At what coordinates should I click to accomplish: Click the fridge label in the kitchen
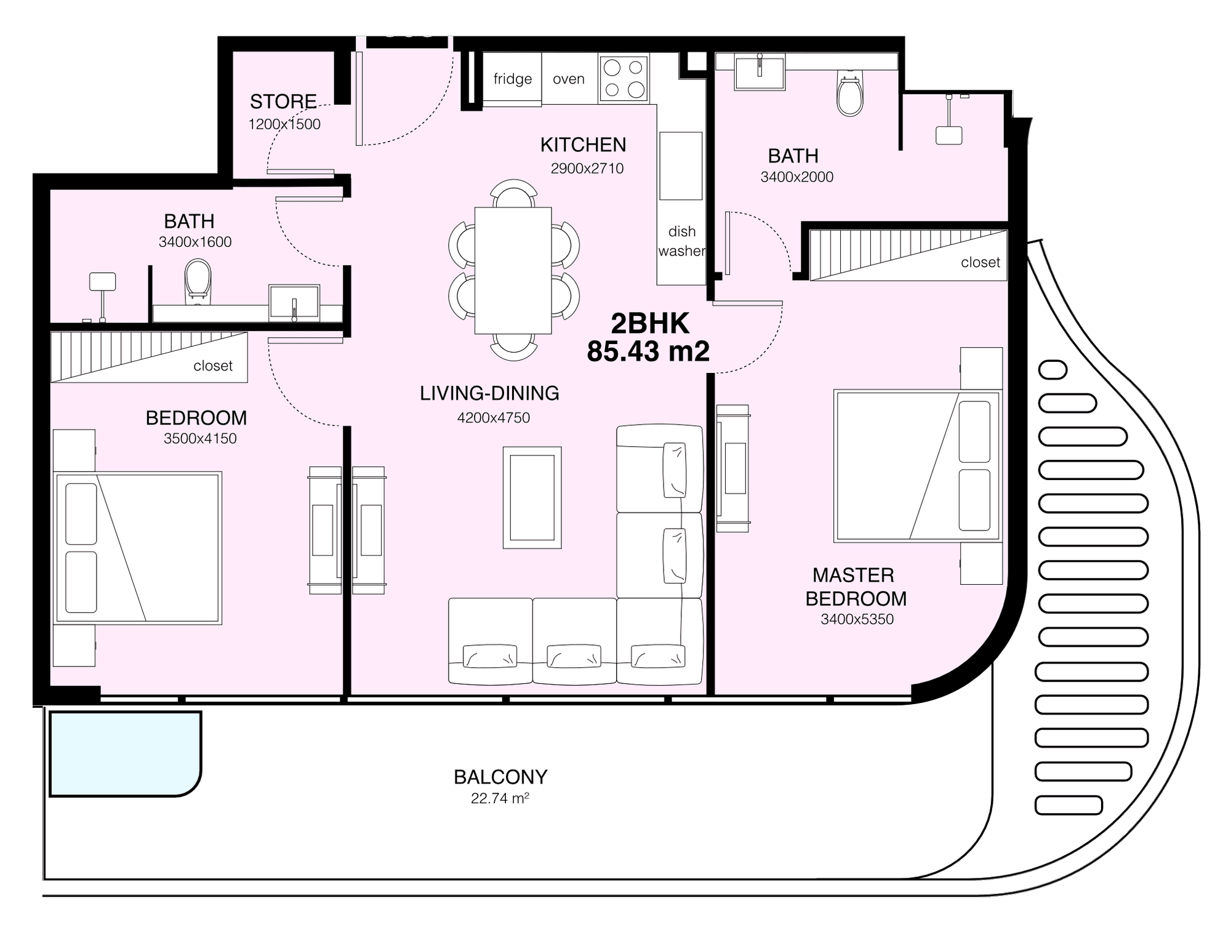point(512,79)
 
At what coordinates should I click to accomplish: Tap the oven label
point(568,79)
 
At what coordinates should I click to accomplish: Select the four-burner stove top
point(624,78)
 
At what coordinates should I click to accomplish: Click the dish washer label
point(682,241)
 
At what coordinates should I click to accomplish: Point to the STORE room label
point(283,101)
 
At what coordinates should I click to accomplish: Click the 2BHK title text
point(650,323)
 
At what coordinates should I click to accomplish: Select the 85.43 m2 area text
point(648,351)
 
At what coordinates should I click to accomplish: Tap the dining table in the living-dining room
point(513,271)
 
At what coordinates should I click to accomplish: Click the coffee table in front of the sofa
point(532,497)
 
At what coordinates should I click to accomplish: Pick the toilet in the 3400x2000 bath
point(850,94)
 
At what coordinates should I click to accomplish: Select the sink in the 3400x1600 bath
point(294,302)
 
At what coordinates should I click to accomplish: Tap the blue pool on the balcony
point(125,754)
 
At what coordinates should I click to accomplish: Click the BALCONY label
point(500,777)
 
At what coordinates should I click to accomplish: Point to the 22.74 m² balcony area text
point(500,798)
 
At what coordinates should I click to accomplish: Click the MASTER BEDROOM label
point(856,587)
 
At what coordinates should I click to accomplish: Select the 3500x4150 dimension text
point(200,438)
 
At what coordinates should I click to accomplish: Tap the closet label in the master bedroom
point(980,262)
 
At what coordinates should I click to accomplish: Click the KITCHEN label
point(583,145)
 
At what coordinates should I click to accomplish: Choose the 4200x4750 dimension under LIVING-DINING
point(493,417)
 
